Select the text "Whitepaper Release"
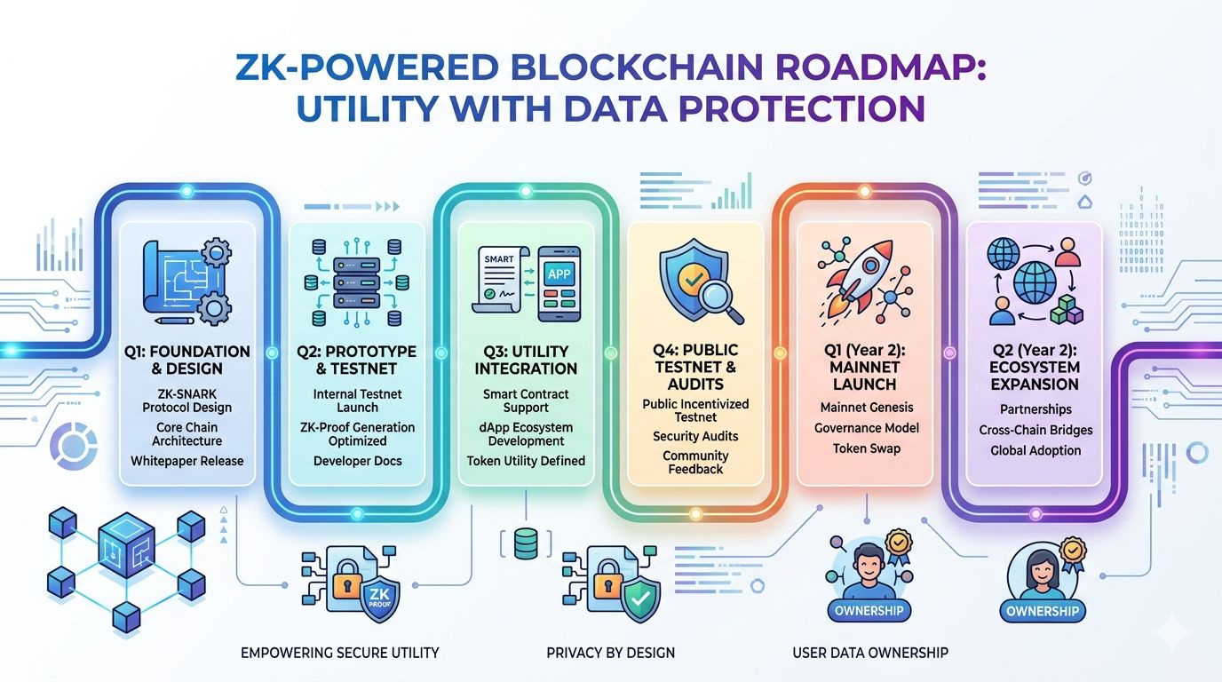click(186, 461)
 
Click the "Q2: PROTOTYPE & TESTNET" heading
click(356, 361)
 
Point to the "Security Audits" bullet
click(695, 436)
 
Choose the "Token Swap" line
click(866, 448)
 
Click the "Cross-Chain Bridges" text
click(1036, 430)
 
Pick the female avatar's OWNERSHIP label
click(1042, 611)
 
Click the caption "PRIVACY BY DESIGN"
click(610, 653)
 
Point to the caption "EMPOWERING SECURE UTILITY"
click(340, 653)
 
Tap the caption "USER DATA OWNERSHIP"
click(869, 653)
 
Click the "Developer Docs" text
click(357, 461)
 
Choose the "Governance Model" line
click(866, 428)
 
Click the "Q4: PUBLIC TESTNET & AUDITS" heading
click(695, 366)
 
